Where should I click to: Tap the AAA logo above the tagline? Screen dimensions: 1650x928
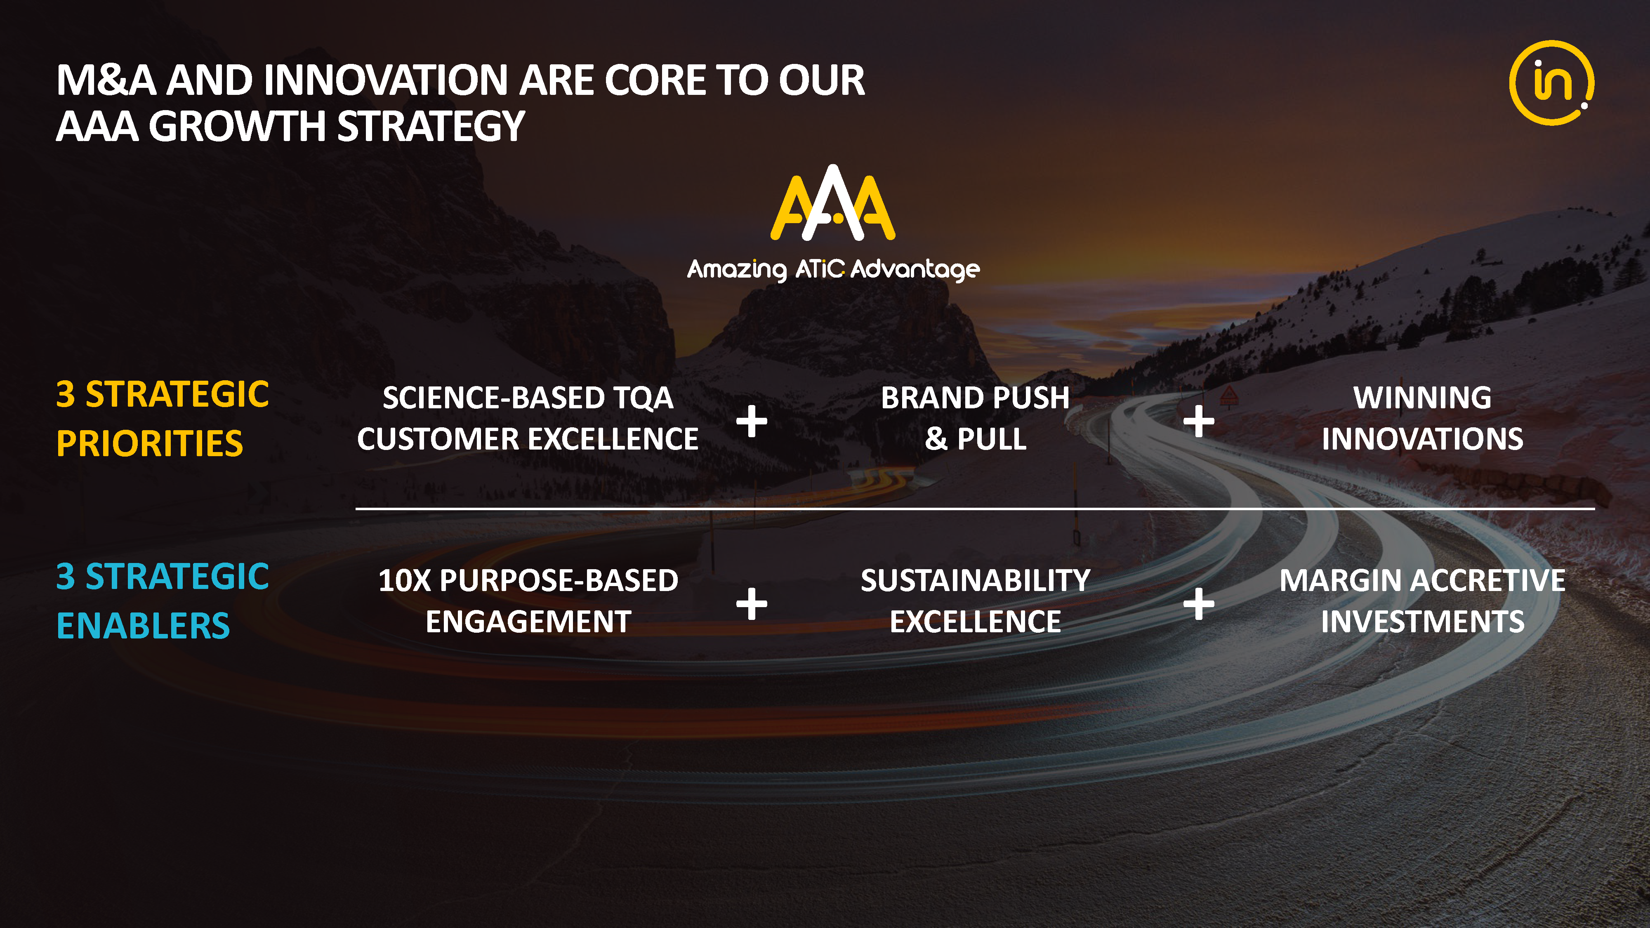click(x=833, y=203)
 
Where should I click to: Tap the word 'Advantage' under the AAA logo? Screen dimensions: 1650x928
click(x=915, y=270)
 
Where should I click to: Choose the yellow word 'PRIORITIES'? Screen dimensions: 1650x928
click(x=150, y=443)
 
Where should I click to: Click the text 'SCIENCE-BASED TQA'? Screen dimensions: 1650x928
click(x=528, y=398)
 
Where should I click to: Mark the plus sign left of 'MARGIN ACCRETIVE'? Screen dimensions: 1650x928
click(x=1198, y=603)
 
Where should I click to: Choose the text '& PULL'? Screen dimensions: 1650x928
click(x=976, y=439)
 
